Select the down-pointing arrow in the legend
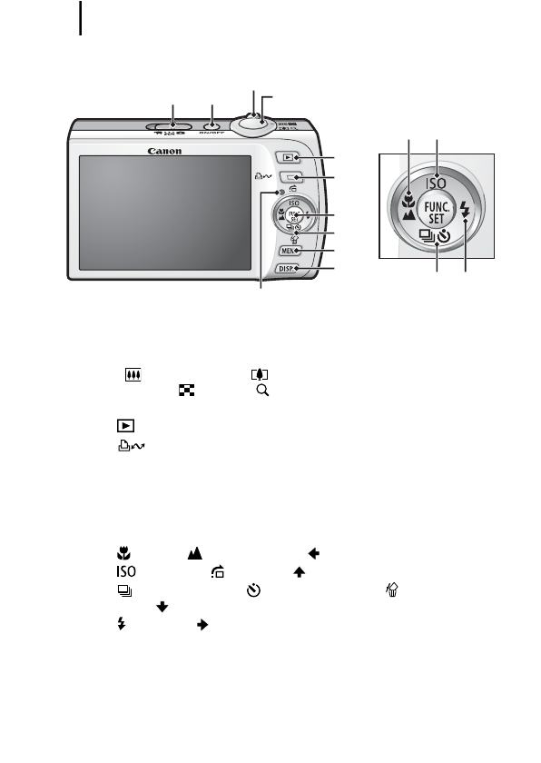coord(162,606)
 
